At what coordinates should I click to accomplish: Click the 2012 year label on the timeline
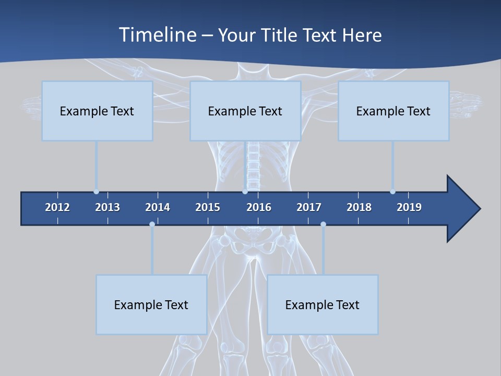[57, 207]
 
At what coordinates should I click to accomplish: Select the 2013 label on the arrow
[108, 207]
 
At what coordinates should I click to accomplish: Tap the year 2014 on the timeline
[158, 207]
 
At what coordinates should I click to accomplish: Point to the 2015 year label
[208, 207]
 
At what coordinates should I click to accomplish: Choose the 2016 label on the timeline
[259, 207]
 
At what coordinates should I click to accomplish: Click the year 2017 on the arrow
[309, 207]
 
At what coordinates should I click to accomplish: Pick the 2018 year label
[359, 207]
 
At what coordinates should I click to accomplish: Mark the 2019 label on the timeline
[409, 207]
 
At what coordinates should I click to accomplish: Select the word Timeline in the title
[157, 35]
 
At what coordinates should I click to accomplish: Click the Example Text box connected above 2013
[97, 111]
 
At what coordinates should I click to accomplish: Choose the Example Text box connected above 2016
[245, 111]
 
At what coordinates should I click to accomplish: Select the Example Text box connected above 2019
[393, 111]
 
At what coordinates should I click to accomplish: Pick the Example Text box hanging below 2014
[151, 304]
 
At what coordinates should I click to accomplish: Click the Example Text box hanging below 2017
[323, 304]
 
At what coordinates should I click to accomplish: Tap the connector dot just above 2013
[96, 192]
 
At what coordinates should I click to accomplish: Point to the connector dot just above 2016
[245, 192]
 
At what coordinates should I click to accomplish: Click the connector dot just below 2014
[152, 224]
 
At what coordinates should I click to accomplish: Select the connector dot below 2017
[323, 224]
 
